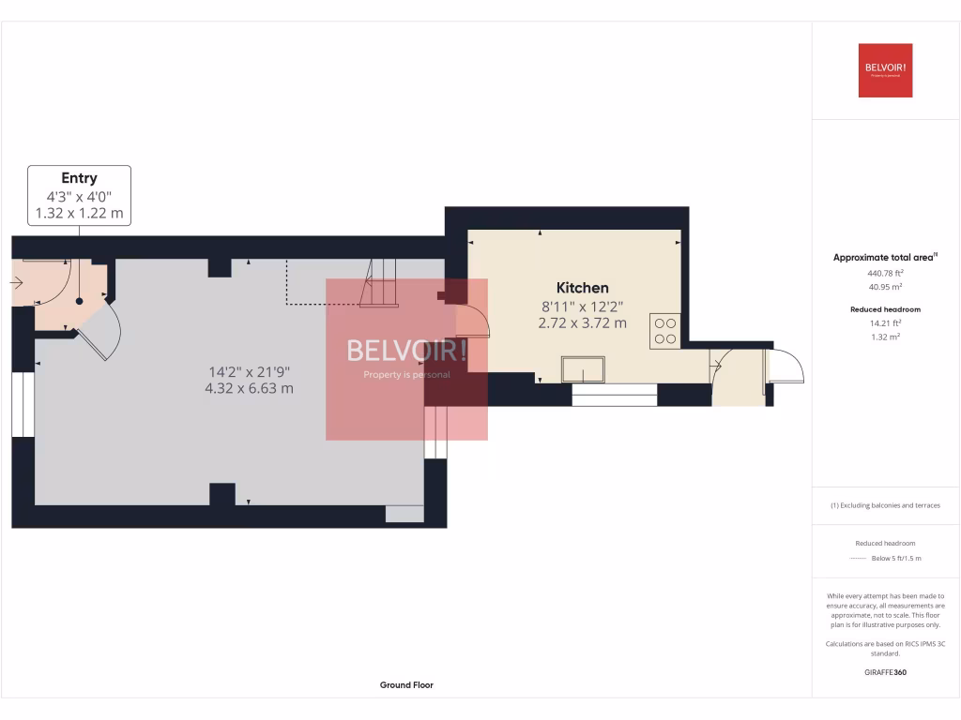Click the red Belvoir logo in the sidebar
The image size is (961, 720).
click(885, 70)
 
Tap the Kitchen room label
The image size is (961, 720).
click(583, 288)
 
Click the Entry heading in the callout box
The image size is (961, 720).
click(80, 178)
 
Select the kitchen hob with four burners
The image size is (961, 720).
click(665, 330)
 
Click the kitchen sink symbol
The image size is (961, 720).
click(584, 370)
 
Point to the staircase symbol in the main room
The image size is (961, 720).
click(381, 284)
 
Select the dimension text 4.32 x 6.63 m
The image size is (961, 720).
click(249, 388)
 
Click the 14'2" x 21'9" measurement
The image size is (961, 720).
click(249, 370)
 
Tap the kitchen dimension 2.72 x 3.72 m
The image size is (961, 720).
click(583, 322)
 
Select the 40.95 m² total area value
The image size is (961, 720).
click(885, 287)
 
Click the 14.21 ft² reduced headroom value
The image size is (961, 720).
click(885, 322)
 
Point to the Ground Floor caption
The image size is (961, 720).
click(406, 685)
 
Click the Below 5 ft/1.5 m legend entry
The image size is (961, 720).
click(896, 558)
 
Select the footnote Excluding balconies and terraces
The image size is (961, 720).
click(885, 505)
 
